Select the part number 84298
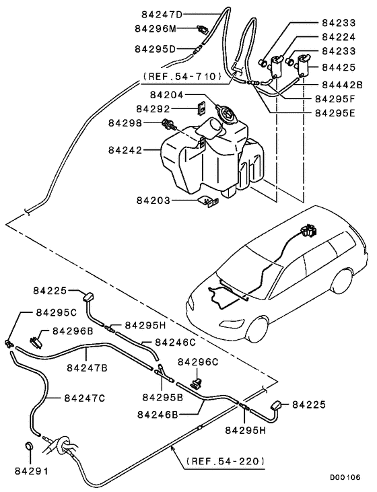126,123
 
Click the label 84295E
339,112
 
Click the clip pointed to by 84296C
197,384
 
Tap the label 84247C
85,398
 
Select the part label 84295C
57,313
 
